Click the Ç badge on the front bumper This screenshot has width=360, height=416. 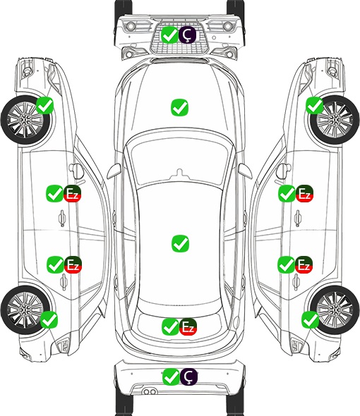(x=187, y=35)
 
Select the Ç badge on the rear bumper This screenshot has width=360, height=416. (x=188, y=377)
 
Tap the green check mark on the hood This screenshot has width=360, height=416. (x=179, y=107)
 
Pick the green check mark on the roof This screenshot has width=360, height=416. (x=180, y=243)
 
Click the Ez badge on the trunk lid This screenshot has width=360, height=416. (x=188, y=327)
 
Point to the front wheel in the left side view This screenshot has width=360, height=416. (x=25, y=120)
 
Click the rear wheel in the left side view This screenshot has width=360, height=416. (x=25, y=310)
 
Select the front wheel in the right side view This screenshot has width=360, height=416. (x=335, y=120)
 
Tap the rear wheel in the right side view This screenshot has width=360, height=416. (x=335, y=310)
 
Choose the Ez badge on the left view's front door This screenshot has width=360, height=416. (x=72, y=194)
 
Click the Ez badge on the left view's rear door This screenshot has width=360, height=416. (x=73, y=264)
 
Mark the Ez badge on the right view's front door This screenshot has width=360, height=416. (x=304, y=193)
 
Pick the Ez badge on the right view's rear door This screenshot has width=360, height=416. (x=304, y=264)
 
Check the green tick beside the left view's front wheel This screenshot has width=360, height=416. (x=44, y=105)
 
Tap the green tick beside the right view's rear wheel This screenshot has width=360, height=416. (x=310, y=319)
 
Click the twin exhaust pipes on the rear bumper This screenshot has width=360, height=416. (x=150, y=391)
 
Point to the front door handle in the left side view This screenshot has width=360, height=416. (x=62, y=218)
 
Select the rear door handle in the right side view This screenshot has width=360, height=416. (x=296, y=281)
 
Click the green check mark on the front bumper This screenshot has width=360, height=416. (x=169, y=35)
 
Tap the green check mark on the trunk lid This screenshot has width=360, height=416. (x=170, y=327)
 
